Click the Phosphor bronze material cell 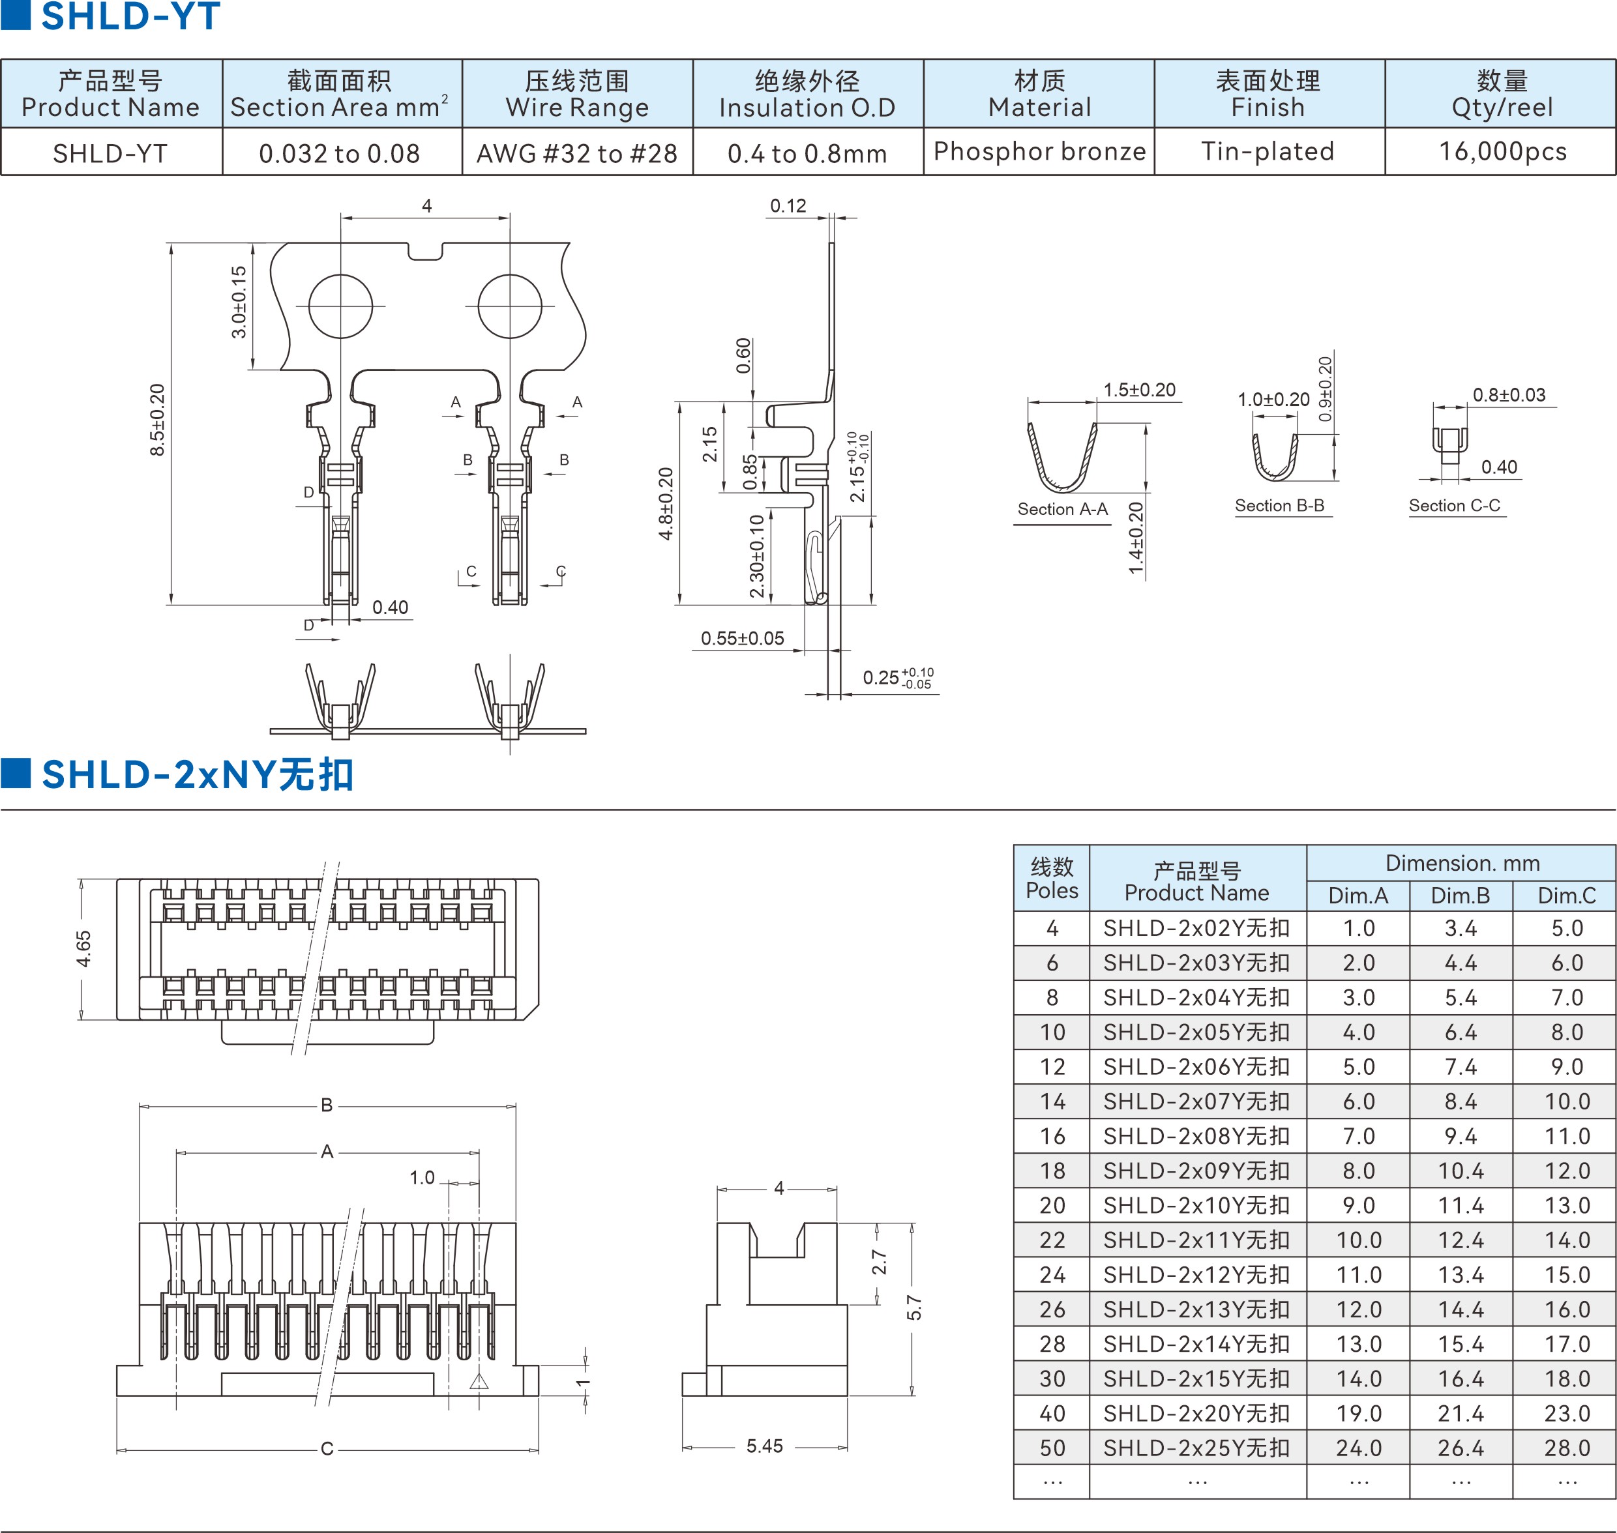tap(1039, 152)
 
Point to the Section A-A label tap(1063, 509)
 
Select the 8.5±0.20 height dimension tap(157, 420)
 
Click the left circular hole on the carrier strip tap(341, 306)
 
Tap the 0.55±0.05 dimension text tap(742, 638)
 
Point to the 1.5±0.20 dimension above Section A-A tap(1140, 390)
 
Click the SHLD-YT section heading tap(131, 16)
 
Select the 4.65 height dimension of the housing tap(83, 949)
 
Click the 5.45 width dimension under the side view tap(764, 1446)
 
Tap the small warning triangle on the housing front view tap(479, 1382)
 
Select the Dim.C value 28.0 tap(1567, 1448)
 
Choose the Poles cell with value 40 tap(1052, 1414)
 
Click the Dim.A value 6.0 tap(1359, 1102)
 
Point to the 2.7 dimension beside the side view tap(879, 1263)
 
